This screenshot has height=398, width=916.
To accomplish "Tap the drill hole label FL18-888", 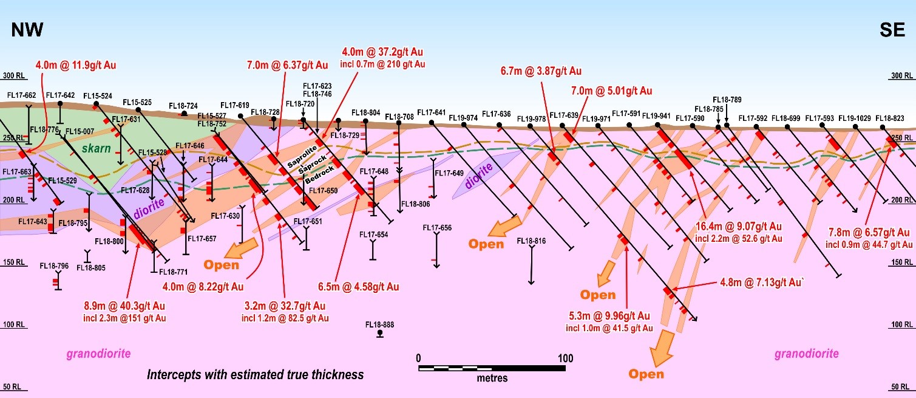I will click(x=379, y=324).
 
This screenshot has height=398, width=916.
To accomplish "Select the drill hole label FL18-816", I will click(x=531, y=241).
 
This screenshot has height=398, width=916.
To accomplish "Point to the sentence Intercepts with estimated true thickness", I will click(x=256, y=374).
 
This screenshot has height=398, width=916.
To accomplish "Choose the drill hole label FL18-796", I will click(x=54, y=266).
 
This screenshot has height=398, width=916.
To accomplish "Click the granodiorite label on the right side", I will click(x=807, y=354).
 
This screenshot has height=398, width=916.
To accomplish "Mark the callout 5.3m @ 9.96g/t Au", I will click(x=608, y=316).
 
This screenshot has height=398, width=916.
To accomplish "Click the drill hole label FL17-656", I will click(x=437, y=227).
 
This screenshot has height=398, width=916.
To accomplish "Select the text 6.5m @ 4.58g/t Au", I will click(x=358, y=286).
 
